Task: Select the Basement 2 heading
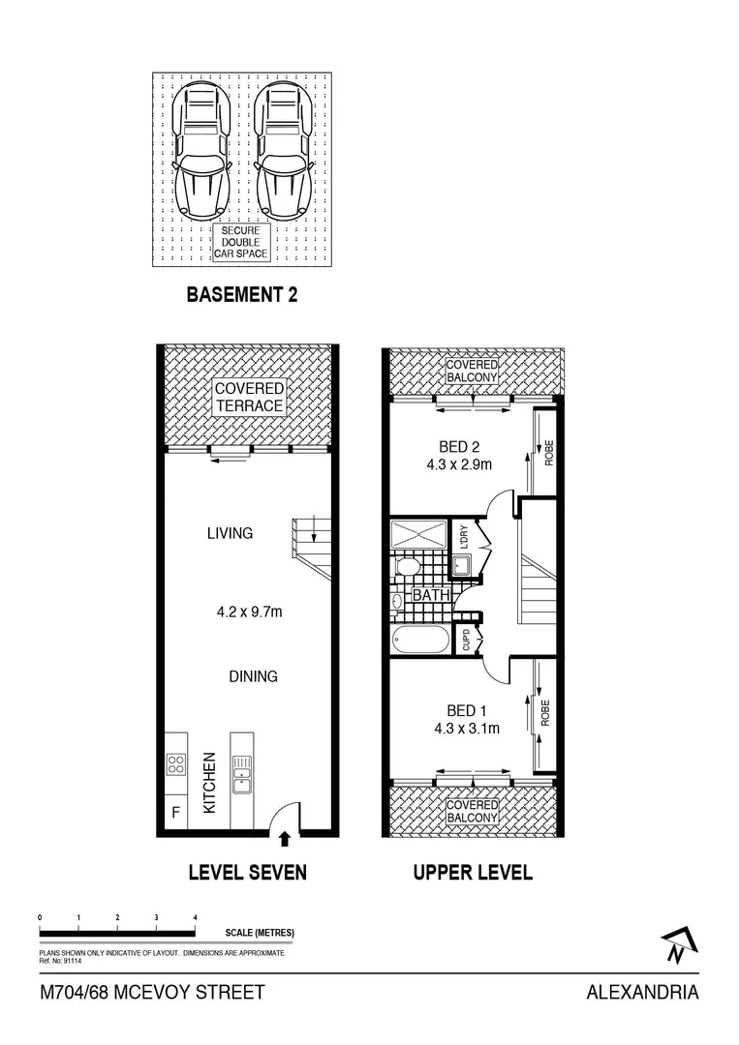pos(241,295)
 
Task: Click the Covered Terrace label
pos(249,397)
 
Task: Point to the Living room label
pos(230,533)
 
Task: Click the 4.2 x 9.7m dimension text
pos(249,612)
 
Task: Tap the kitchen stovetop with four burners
pos(176,764)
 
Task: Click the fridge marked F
pos(175,813)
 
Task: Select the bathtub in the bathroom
pos(420,640)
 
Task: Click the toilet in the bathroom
pos(408,565)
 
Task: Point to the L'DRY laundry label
pos(465,537)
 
